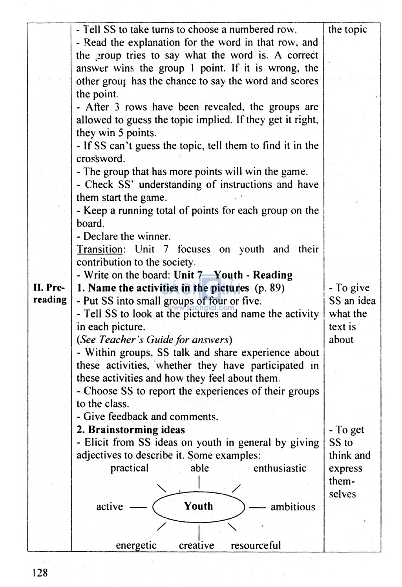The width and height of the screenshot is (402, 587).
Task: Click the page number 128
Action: coord(40,572)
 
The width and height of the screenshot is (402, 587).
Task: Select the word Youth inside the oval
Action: coord(198,506)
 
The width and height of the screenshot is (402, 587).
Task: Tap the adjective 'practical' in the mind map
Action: coord(129,468)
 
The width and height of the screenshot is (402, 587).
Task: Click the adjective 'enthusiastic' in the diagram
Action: coord(280,468)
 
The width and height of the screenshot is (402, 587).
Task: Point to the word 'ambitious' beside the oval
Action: coord(292,507)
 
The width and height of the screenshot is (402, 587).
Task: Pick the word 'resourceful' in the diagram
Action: coord(256,545)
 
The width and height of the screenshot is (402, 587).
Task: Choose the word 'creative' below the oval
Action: coord(196,545)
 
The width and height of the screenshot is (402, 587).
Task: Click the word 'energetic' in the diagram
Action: coord(136,545)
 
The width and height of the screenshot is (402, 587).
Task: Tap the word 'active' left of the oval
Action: coord(110,507)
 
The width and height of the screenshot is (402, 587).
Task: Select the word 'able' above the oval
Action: coord(199,468)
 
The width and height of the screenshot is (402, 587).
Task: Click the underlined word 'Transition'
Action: coord(100,249)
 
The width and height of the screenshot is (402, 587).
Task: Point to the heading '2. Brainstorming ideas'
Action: coord(131,430)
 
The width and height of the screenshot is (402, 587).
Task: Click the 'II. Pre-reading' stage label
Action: coord(49,294)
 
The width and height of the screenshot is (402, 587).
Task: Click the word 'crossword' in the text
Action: coord(100,159)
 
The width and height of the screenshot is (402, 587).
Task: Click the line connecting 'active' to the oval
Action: coord(138,507)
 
